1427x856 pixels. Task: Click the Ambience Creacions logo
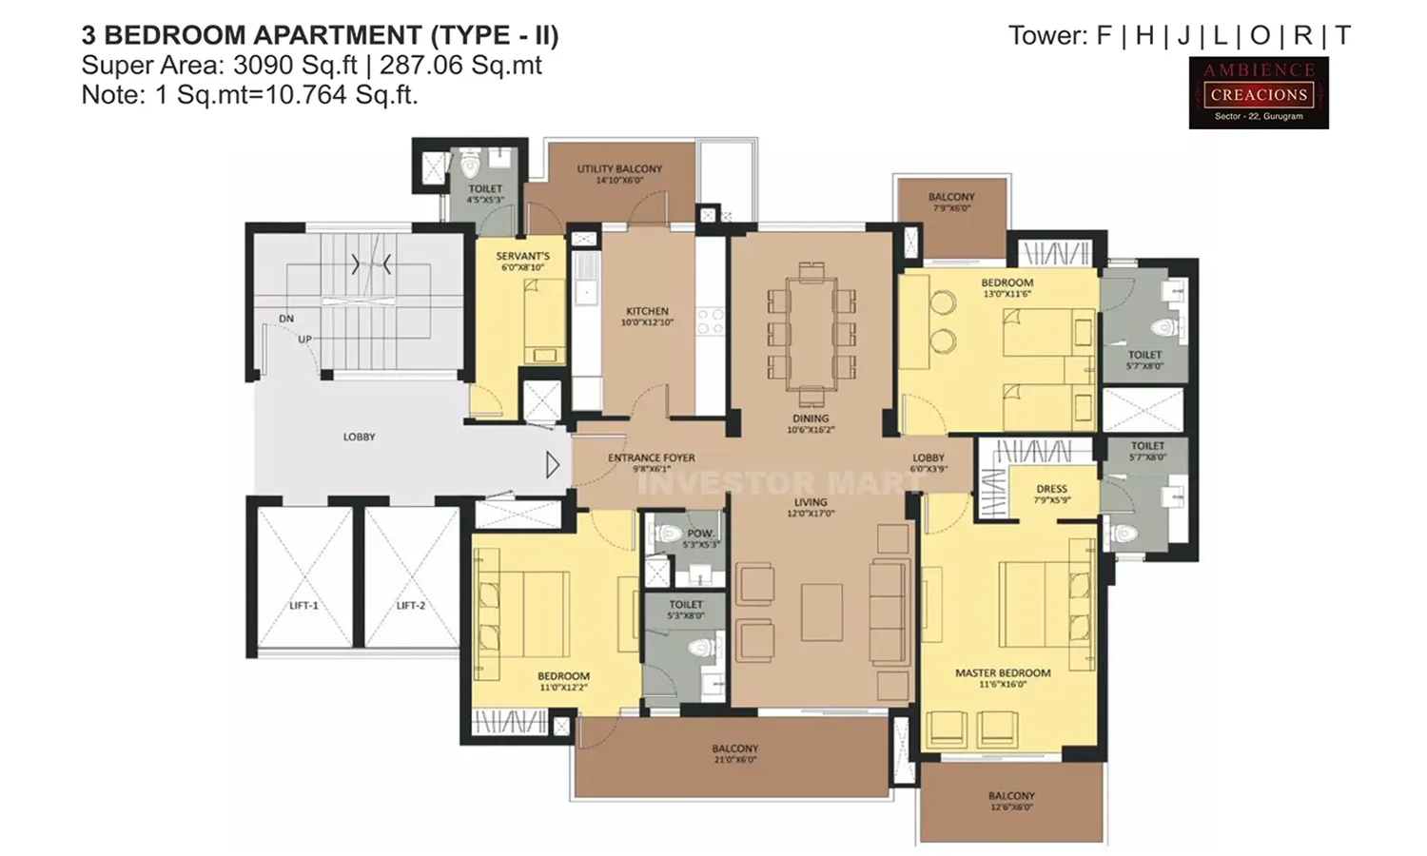coord(1258,93)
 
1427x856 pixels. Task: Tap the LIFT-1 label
coord(303,606)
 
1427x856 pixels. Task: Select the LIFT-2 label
coord(410,606)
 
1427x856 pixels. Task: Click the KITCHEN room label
coord(647,311)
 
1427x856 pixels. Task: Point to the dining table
coord(811,334)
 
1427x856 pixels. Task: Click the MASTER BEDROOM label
coord(1003,672)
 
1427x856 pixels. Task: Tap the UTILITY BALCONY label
coord(619,168)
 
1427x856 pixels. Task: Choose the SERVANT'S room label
coord(522,256)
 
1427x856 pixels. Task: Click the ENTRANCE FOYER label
coord(652,457)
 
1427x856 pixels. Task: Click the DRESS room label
coord(1051,489)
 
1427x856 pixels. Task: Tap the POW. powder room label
coord(700,534)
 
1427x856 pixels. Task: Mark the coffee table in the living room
coord(821,613)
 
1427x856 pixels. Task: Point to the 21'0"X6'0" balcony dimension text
coord(734,760)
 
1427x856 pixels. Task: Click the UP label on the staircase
coord(304,340)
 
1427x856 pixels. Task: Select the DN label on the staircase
coord(286,319)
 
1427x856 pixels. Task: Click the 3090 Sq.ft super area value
coord(295,65)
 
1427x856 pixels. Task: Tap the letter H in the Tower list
coord(1144,36)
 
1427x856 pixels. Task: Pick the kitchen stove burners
coord(710,321)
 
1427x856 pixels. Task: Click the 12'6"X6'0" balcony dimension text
coord(1010,807)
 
